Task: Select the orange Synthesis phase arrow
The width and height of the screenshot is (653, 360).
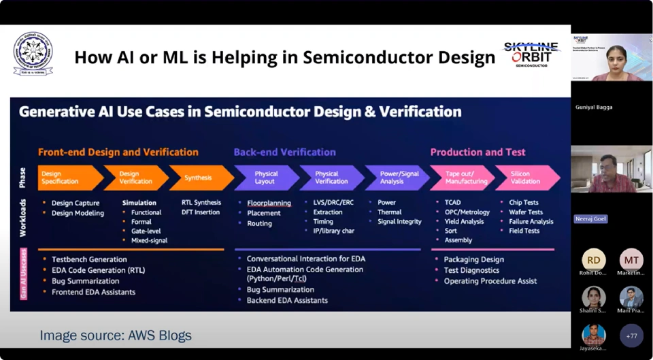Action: pos(199,178)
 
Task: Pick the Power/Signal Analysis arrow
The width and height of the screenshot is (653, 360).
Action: pos(396,178)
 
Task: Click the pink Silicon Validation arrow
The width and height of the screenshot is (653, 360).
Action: pos(525,178)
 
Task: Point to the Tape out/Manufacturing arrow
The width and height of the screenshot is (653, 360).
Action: pos(462,178)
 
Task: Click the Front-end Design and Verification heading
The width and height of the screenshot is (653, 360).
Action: pos(118,152)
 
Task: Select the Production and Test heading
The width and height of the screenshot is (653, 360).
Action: pos(478,152)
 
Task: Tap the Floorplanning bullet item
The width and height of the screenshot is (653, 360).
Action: pos(269,203)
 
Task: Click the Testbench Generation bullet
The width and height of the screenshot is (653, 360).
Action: pos(89,259)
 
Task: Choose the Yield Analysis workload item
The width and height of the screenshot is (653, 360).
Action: pos(464,221)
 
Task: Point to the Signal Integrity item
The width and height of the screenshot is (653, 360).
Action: pos(399,221)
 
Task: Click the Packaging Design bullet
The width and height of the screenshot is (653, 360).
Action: pos(473,259)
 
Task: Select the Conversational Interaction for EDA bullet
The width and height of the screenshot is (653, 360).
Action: pos(305,259)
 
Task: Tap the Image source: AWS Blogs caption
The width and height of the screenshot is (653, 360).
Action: pos(116,335)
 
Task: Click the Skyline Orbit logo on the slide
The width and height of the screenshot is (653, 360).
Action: pos(531,54)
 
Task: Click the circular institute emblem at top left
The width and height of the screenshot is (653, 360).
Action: pos(33,53)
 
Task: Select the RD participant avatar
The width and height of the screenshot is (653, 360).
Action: pos(594,260)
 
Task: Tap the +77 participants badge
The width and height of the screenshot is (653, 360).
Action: pos(631,336)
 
